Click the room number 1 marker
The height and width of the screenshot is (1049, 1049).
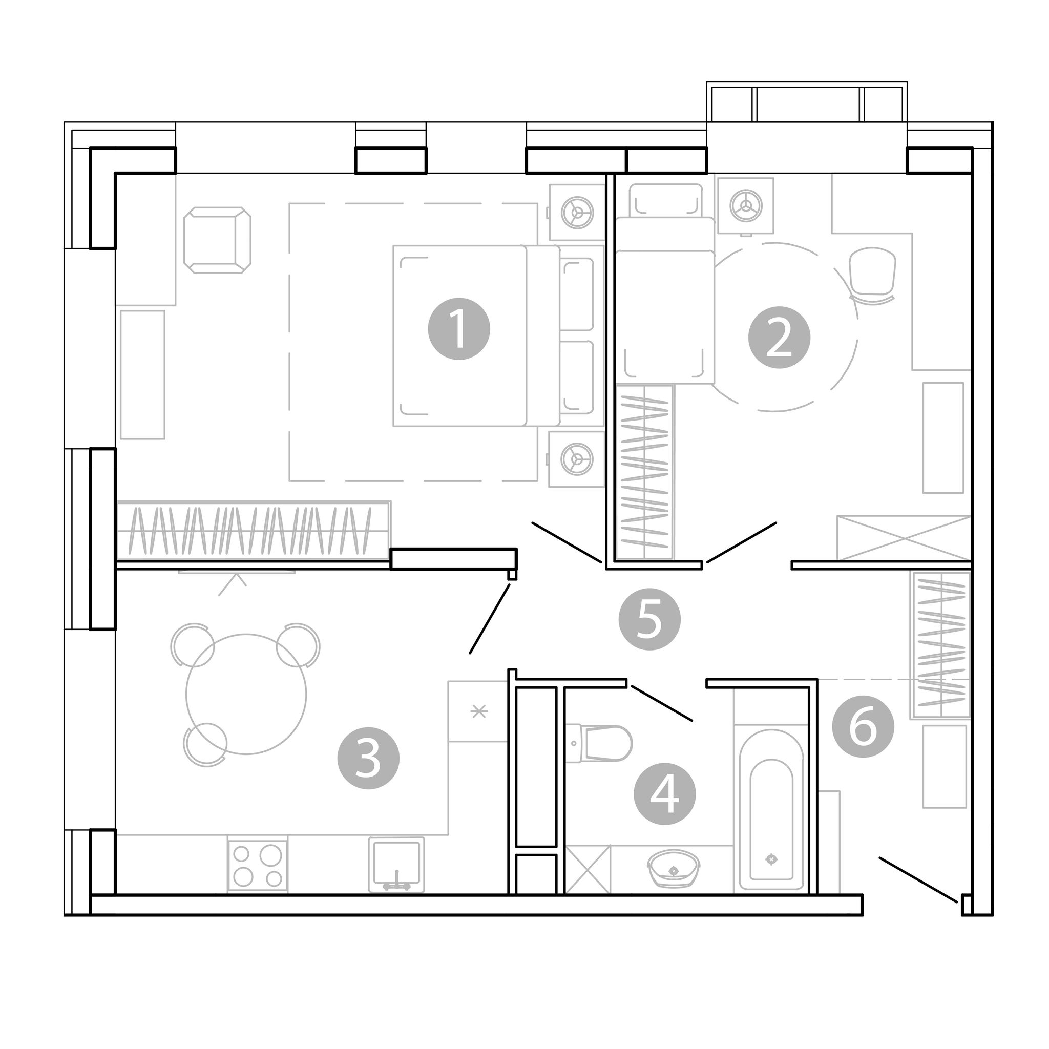tap(459, 328)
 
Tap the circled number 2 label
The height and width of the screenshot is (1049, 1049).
tap(779, 337)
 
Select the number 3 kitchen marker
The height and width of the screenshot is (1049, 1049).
tap(369, 758)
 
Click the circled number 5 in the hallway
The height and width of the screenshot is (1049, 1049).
tap(650, 619)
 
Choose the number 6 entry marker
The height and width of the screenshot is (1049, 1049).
tap(863, 727)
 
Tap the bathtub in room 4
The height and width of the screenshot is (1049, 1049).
tap(771, 810)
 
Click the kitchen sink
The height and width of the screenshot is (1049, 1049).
tap(397, 865)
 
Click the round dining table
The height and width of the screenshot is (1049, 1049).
tap(246, 694)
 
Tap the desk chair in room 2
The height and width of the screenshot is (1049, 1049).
tap(872, 277)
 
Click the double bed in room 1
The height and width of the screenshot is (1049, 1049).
tap(498, 335)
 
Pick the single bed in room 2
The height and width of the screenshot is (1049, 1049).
tap(664, 283)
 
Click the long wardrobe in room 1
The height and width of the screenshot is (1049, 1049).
tap(254, 531)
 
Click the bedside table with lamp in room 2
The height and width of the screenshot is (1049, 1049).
tap(745, 206)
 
